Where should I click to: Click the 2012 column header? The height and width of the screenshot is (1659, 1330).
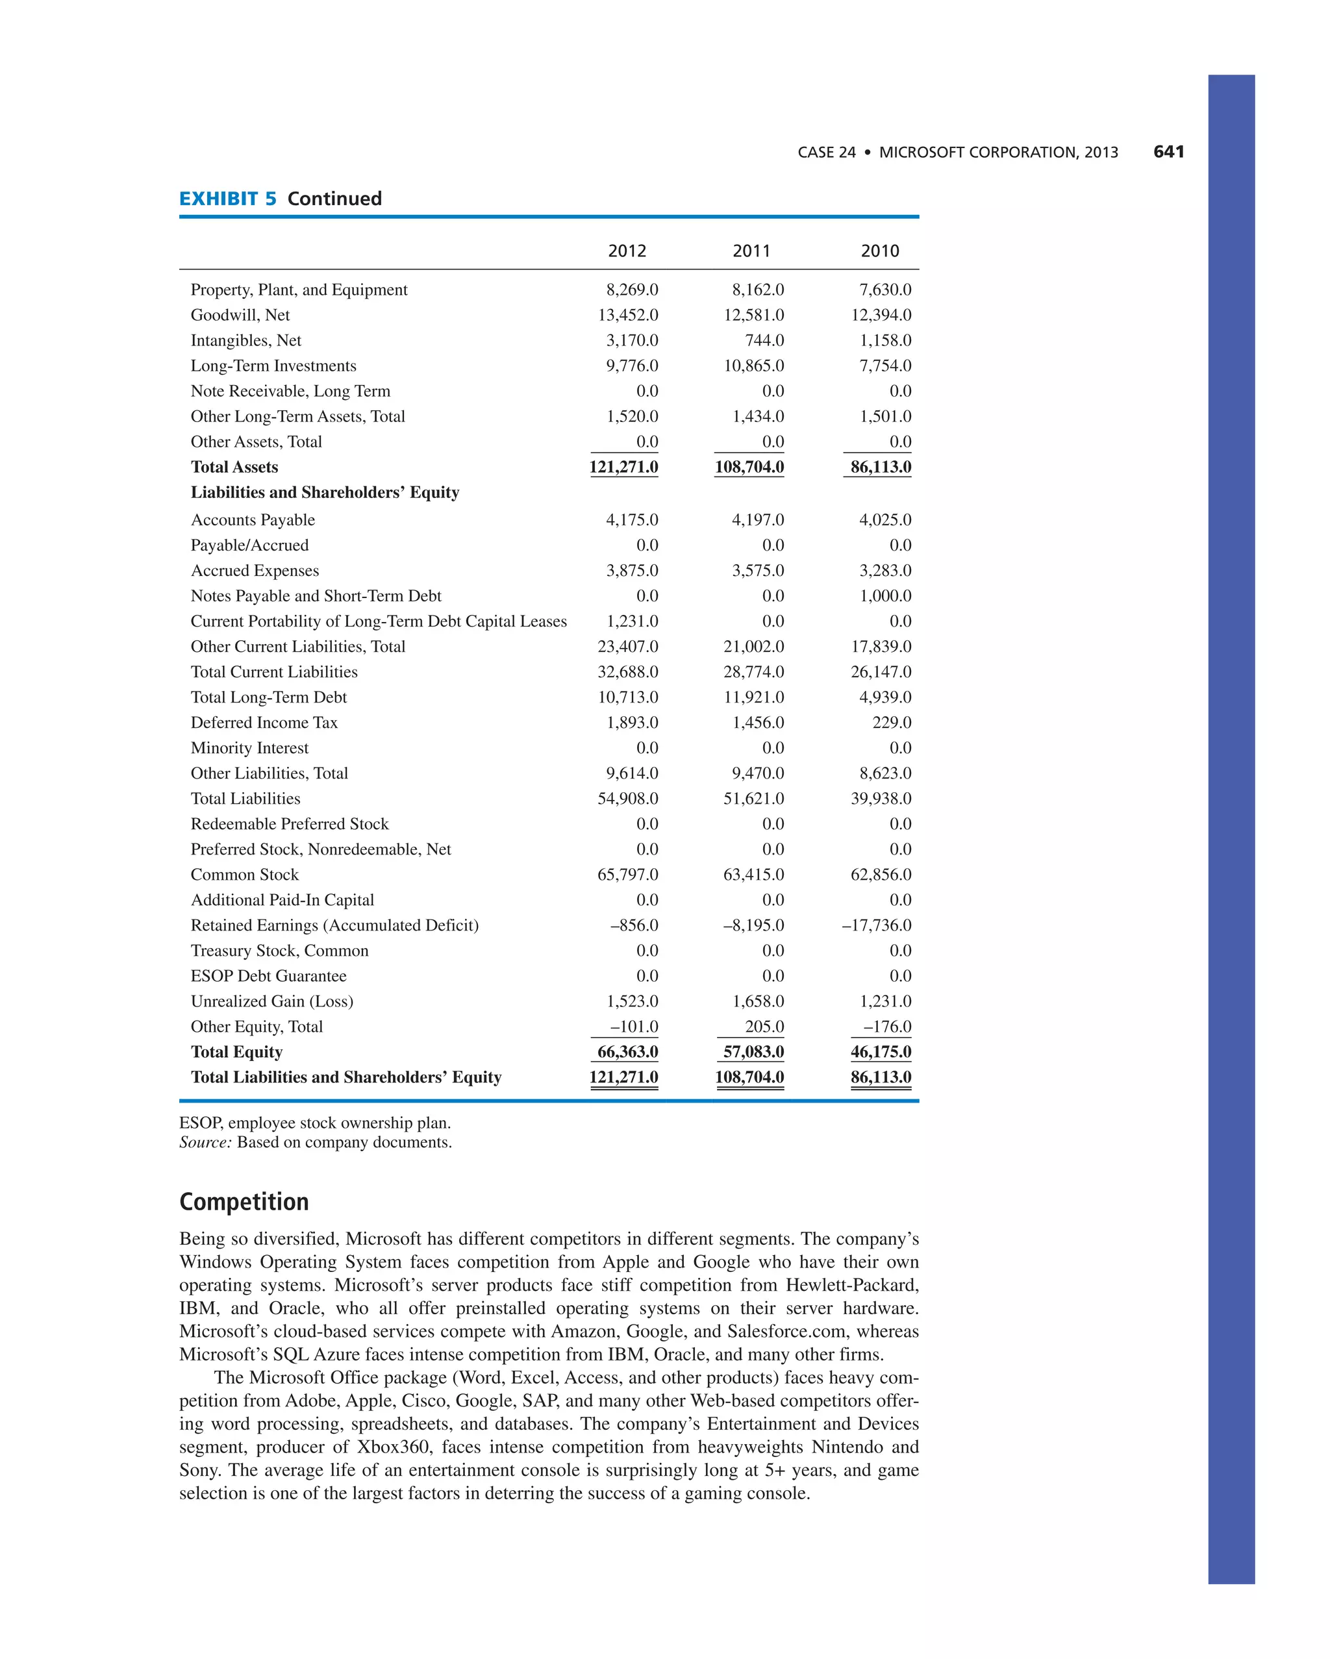627,251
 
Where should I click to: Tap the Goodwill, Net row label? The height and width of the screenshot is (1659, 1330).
240,315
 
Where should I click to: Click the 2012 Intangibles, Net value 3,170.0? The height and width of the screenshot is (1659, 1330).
631,340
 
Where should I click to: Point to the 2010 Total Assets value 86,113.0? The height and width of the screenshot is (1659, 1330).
880,467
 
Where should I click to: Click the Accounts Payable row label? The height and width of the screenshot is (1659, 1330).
253,520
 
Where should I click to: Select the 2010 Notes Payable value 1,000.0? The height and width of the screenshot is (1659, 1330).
885,595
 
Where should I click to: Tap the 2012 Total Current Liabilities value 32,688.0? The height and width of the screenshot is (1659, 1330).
627,672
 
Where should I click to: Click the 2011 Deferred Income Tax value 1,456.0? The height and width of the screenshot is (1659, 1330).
757,723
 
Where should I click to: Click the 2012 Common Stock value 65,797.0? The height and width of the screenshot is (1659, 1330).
627,874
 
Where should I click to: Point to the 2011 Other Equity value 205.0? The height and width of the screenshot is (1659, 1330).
764,1027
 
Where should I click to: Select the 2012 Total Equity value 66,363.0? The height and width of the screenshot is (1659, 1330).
627,1052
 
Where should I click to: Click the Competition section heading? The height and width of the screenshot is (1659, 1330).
244,1202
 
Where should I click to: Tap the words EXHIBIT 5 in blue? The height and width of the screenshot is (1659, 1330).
228,199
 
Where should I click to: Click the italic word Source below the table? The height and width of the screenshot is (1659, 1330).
205,1143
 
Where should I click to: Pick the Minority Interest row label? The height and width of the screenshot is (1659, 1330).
249,748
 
